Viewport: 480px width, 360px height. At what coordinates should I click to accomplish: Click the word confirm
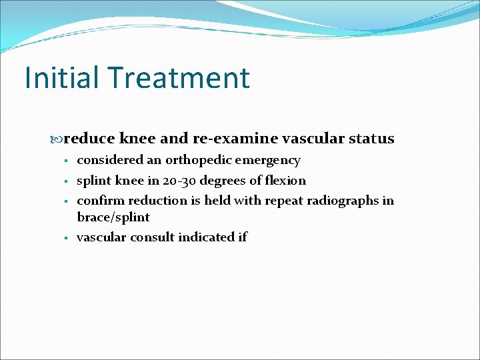[x=101, y=201]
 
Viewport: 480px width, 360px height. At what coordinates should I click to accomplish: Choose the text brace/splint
[x=113, y=217]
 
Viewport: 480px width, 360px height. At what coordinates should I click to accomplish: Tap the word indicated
[x=204, y=237]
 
